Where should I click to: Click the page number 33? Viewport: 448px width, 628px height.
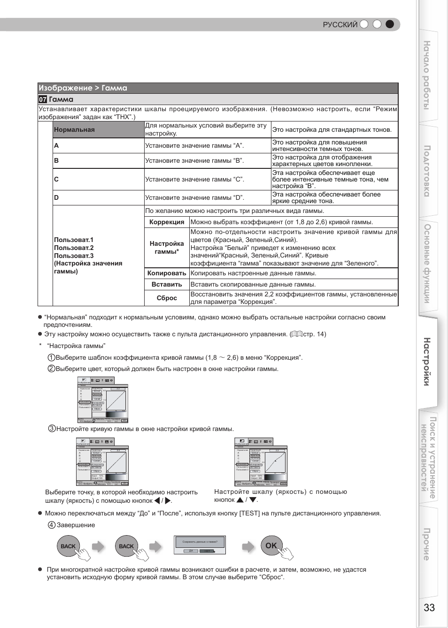[429, 607]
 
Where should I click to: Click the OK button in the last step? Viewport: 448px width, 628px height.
[271, 545]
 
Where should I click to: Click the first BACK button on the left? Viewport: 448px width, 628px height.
[68, 546]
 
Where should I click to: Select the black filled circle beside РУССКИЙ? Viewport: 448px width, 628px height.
[390, 24]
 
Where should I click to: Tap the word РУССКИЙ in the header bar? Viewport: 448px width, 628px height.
[340, 25]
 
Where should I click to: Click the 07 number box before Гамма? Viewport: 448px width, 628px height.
[43, 99]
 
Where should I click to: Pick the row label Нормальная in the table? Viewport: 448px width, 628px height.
[74, 130]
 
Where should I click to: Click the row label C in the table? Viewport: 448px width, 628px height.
[56, 179]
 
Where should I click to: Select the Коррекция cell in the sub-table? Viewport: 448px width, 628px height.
[167, 222]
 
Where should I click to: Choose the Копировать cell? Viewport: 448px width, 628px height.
[167, 273]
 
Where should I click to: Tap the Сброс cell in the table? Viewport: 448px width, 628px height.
[167, 298]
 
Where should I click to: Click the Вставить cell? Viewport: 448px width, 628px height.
[167, 285]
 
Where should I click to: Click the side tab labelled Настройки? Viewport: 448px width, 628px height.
[427, 361]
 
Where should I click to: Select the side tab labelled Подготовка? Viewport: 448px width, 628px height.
[427, 171]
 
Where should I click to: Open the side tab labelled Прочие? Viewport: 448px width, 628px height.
[427, 544]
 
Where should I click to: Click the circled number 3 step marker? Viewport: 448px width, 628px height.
[52, 429]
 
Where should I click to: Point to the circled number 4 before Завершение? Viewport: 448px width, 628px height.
[52, 525]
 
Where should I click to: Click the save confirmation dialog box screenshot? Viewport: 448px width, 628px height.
[200, 545]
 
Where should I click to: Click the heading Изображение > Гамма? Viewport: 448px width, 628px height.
[83, 88]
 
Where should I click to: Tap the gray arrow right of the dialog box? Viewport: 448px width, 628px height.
[248, 546]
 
